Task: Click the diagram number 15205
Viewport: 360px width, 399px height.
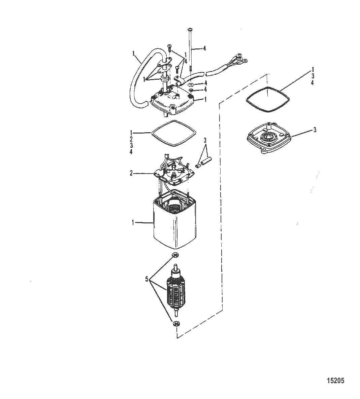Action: [335, 380]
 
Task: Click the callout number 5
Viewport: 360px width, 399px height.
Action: [147, 279]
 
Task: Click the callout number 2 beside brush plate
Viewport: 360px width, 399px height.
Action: [131, 173]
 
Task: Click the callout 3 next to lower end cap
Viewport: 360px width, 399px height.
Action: [315, 130]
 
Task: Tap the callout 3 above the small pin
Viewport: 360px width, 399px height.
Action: [205, 140]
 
